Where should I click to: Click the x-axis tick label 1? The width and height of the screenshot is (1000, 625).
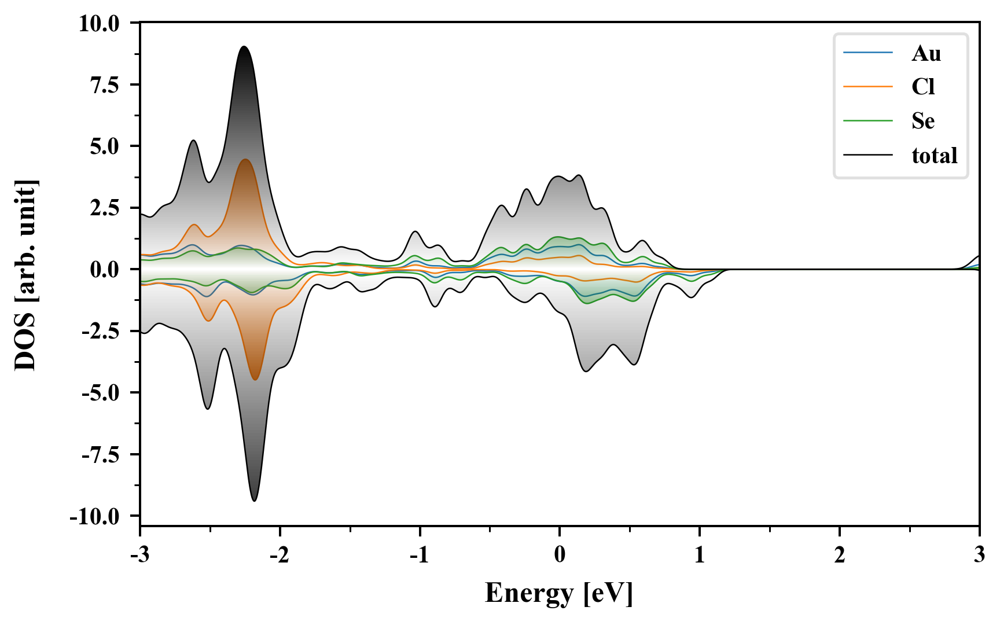tap(700, 555)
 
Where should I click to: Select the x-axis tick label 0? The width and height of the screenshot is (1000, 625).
tap(560, 555)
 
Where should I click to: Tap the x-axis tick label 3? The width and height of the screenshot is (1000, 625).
tap(979, 555)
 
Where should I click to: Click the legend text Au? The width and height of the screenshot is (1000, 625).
tap(926, 53)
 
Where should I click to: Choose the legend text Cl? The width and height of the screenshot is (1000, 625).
tap(923, 87)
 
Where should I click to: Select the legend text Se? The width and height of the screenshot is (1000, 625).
tap(923, 121)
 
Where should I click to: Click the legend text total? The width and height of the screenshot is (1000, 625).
tap(935, 155)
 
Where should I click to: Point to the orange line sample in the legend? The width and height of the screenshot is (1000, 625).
tap(867, 87)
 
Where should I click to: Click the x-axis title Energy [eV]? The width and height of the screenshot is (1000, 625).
tap(559, 593)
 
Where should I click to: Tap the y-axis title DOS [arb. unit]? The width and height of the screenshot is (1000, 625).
tap(25, 275)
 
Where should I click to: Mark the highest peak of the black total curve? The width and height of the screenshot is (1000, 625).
tap(244, 47)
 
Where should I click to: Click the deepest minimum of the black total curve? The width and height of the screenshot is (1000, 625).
tap(255, 501)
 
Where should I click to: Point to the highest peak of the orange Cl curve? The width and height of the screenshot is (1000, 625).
tap(245, 160)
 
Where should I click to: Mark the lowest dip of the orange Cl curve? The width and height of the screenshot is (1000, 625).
tap(255, 379)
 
